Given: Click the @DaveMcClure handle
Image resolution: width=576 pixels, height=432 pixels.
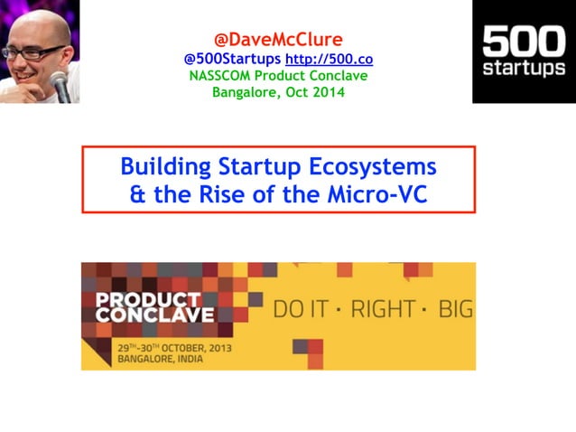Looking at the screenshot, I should [278, 40].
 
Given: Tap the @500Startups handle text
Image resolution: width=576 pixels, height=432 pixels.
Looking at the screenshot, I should [232, 59].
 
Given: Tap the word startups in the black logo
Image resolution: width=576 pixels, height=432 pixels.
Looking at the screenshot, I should [524, 69].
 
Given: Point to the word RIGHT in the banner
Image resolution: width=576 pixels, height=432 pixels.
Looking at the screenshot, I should [383, 310].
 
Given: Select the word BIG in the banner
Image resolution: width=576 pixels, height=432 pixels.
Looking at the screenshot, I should [455, 310].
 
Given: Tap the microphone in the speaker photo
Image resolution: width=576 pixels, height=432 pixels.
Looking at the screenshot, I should [60, 83].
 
